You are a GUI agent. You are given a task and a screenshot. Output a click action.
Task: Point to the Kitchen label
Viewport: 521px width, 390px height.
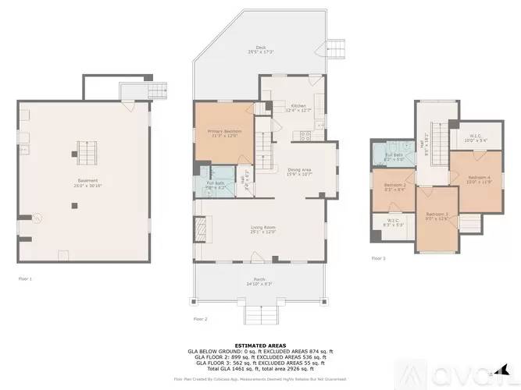pyautogui.click(x=299, y=108)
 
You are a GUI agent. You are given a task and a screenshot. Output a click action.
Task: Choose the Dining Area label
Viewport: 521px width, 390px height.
pyautogui.click(x=300, y=172)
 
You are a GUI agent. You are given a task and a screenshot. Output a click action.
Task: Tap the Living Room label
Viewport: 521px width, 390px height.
pyautogui.click(x=262, y=229)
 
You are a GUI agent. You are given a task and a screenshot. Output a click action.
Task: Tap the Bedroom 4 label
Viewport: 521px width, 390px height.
pyautogui.click(x=479, y=180)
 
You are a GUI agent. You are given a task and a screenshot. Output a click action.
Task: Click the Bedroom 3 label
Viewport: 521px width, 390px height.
pyautogui.click(x=436, y=216)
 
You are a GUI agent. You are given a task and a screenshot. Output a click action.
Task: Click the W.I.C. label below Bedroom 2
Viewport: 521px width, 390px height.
pyautogui.click(x=394, y=222)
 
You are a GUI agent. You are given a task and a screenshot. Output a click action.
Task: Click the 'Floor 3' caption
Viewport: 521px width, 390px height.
pyautogui.click(x=378, y=258)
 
